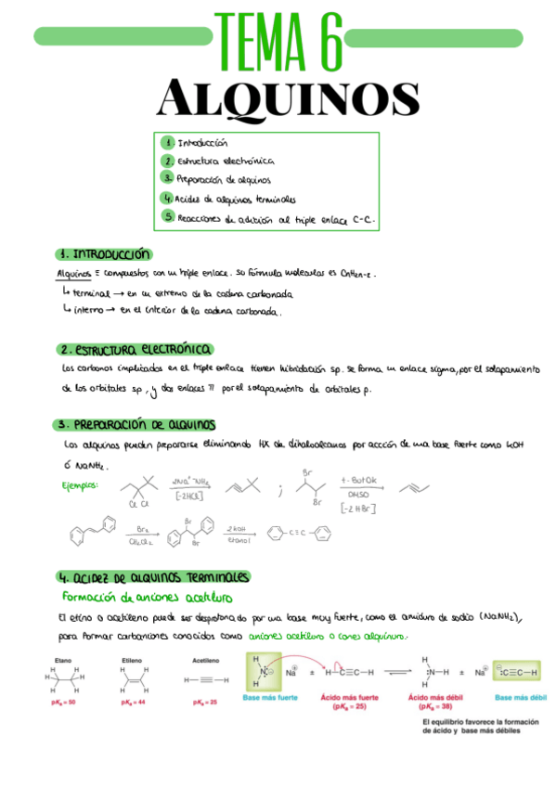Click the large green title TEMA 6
278,40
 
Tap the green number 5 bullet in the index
167,216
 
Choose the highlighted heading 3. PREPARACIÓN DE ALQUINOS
136,424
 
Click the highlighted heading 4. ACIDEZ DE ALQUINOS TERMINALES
153,576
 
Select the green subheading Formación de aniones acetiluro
147,596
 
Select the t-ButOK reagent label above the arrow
357,480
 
